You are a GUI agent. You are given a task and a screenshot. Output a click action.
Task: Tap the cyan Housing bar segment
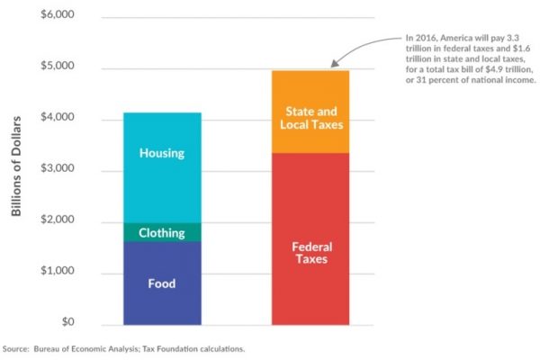point(162,180)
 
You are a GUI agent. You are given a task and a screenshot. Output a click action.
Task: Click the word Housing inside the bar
point(162,153)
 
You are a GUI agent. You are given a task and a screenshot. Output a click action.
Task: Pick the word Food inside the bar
point(162,284)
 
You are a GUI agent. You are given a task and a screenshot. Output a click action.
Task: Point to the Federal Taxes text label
point(312,252)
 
